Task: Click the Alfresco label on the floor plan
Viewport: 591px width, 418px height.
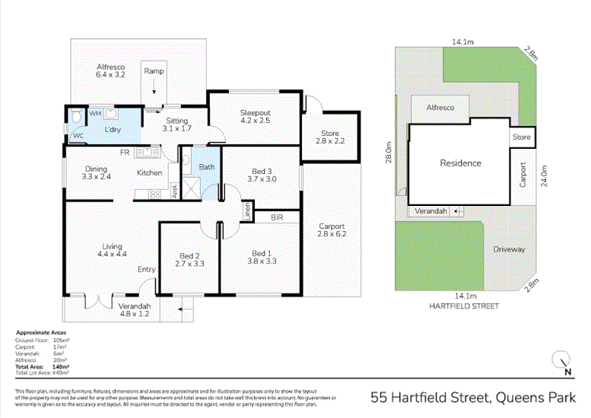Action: (110, 66)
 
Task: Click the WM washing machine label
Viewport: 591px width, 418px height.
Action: (95, 113)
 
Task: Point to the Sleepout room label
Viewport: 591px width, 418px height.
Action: (255, 112)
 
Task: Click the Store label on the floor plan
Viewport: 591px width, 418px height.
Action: (329, 134)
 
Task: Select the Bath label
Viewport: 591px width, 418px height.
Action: (206, 166)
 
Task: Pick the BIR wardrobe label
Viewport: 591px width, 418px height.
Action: (277, 217)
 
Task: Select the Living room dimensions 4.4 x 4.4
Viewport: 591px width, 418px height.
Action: (113, 255)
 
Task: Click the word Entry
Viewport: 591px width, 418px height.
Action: (146, 269)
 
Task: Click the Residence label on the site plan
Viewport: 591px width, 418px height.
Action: (460, 163)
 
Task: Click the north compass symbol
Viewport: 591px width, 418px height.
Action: (562, 362)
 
